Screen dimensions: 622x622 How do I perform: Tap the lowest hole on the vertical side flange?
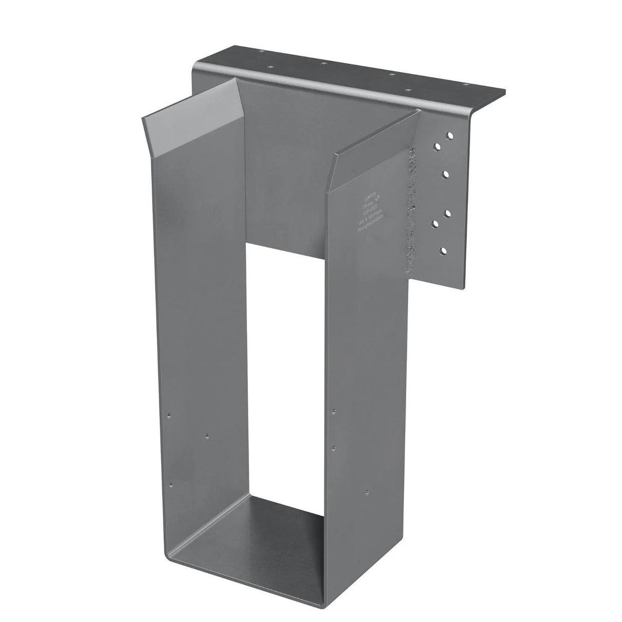pos(443,251)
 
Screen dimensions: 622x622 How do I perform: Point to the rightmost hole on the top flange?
pos(465,85)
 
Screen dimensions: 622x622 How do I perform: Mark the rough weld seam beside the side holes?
pos(410,210)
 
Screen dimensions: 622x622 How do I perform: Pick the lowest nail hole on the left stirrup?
pos(172,483)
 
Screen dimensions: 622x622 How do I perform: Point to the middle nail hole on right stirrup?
pos(334,447)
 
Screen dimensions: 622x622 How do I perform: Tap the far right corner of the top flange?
pos(505,92)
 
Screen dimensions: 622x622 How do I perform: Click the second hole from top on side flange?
pos(438,147)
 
